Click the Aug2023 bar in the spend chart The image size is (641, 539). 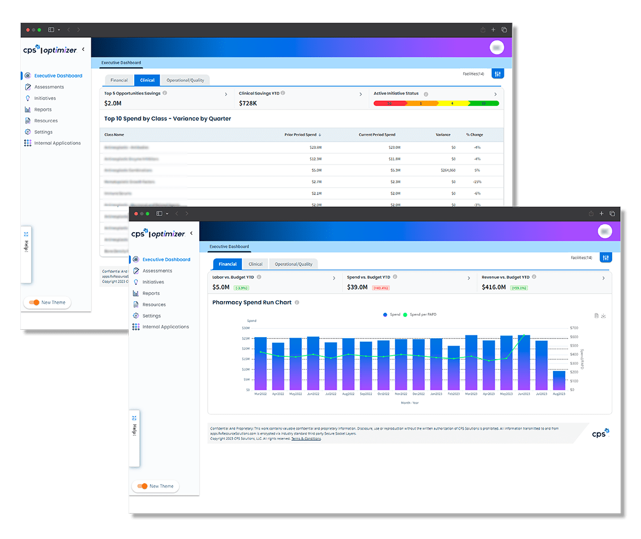tap(559, 380)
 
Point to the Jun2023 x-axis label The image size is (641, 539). tap(524, 394)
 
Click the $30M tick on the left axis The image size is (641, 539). tap(245, 328)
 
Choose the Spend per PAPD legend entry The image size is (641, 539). tap(423, 314)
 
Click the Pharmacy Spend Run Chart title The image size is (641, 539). tap(252, 302)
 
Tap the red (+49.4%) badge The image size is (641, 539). tap(381, 288)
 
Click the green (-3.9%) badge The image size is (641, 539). tap(241, 288)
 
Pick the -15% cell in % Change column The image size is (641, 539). tap(477, 182)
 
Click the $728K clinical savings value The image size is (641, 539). tap(248, 103)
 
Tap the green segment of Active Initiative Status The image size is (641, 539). tap(484, 103)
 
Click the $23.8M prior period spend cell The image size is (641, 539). tap(315, 147)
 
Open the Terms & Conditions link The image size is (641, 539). tap(306, 438)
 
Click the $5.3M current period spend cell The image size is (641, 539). tap(394, 170)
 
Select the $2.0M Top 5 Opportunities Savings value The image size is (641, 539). tap(113, 103)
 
